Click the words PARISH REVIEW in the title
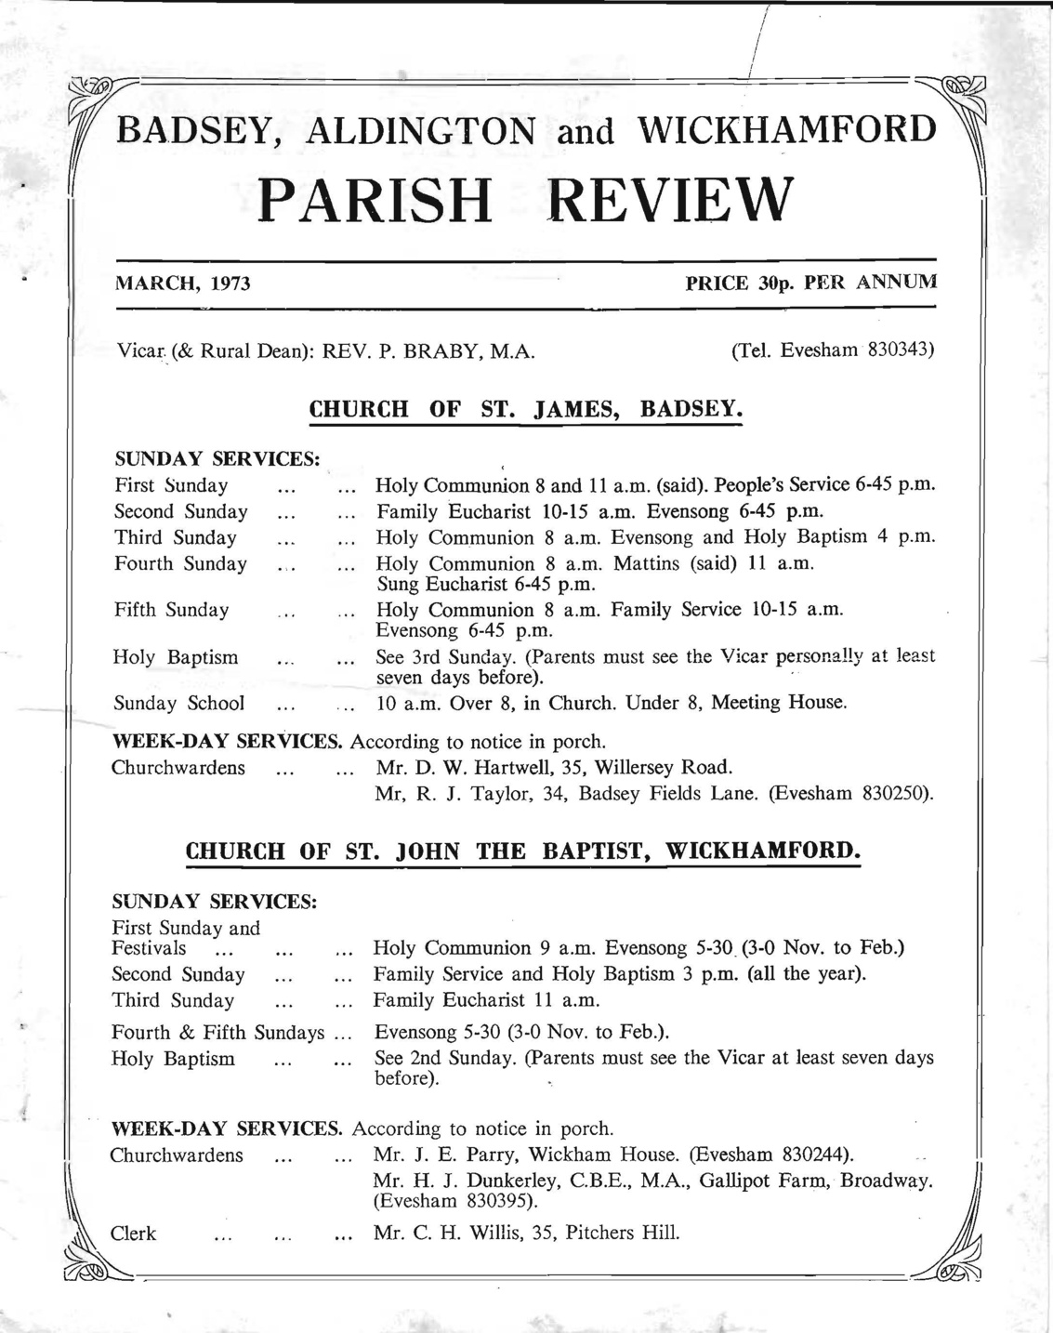coord(526,200)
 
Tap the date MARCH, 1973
coord(182,284)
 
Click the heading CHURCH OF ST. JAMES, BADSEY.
coord(525,409)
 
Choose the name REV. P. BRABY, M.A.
coord(428,352)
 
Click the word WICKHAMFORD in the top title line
coord(786,129)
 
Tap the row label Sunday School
coord(179,704)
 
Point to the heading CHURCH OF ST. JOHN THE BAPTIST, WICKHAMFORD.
coord(523,851)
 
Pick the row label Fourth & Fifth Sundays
coord(218,1033)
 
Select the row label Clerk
coord(133,1234)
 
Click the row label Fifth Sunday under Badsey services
coord(171,611)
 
